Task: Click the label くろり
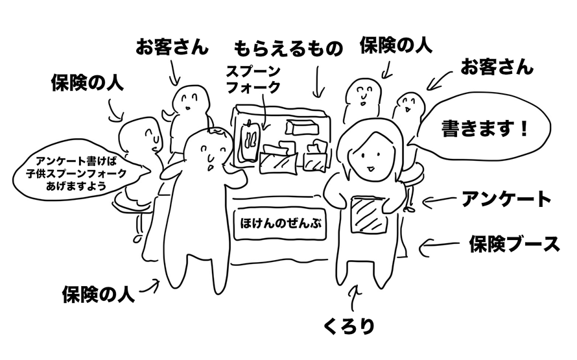click(349, 325)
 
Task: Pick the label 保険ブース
click(513, 244)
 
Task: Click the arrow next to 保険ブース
click(436, 246)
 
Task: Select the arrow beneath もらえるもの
click(318, 84)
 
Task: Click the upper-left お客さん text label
click(172, 47)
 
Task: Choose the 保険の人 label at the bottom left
click(98, 293)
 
